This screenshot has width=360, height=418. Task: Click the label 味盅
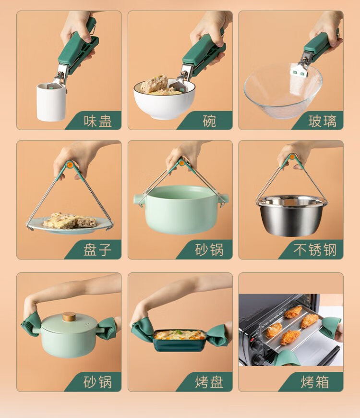click(97, 121)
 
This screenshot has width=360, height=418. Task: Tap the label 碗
click(209, 121)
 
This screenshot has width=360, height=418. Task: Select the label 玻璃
click(322, 121)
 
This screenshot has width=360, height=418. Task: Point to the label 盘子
click(97, 250)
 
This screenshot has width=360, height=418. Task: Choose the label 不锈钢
click(315, 250)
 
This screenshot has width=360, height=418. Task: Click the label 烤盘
click(209, 382)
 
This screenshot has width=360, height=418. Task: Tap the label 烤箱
click(315, 382)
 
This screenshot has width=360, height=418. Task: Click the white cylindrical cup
click(51, 102)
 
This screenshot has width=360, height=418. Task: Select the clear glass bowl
click(283, 91)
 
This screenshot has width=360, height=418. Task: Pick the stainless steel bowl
click(291, 215)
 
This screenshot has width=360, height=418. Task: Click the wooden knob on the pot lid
click(69, 317)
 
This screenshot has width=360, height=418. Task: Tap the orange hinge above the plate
click(70, 165)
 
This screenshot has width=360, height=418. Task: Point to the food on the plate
click(70, 221)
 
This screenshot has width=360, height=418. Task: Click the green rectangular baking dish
click(180, 340)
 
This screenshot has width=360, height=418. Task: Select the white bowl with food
click(164, 99)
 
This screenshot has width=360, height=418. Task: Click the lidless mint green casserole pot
click(181, 209)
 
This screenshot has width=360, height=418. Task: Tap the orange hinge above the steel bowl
click(292, 157)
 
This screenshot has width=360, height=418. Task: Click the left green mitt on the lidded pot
click(31, 325)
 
